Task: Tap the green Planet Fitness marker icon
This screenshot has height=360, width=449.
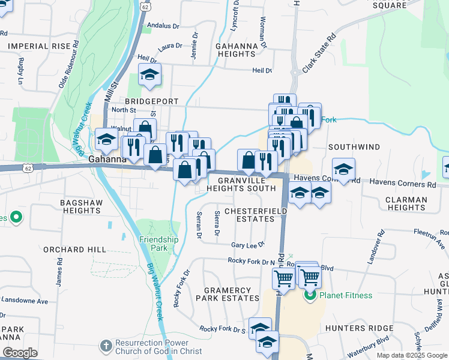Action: pos(310,295)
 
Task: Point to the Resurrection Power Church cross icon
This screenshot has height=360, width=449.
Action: pos(106,346)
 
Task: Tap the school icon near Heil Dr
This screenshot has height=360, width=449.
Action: pos(149,75)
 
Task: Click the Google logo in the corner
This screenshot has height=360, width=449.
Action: pos(20,353)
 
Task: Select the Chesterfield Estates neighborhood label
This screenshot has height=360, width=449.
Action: pos(249,215)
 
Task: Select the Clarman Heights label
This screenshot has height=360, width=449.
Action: pos(406,203)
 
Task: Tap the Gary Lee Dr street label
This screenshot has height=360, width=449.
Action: pos(249,245)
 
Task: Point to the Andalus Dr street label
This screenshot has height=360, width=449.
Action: pos(163,26)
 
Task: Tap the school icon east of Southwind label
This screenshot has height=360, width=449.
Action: pos(343,169)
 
